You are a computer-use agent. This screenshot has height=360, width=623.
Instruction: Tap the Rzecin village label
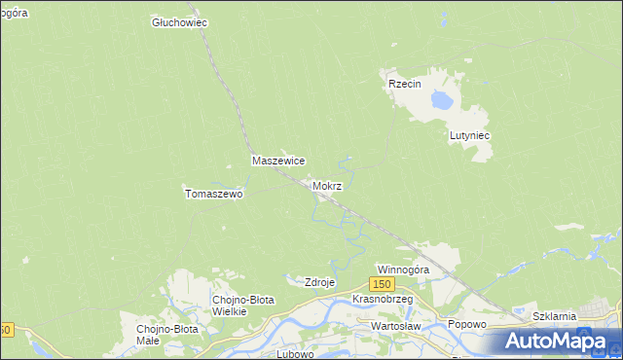click(x=404, y=85)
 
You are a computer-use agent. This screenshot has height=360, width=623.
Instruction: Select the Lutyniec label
click(x=469, y=136)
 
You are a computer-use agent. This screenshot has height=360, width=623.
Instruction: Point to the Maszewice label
click(x=279, y=161)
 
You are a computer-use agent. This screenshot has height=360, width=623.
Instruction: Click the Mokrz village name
click(x=327, y=186)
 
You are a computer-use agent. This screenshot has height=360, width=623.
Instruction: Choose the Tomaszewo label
click(x=213, y=194)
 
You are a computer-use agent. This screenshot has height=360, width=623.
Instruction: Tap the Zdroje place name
click(x=320, y=282)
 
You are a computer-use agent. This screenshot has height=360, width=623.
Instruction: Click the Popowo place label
click(x=466, y=324)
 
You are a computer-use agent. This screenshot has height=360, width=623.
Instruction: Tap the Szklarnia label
click(x=556, y=317)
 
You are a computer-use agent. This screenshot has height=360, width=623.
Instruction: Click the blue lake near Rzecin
click(x=443, y=99)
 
